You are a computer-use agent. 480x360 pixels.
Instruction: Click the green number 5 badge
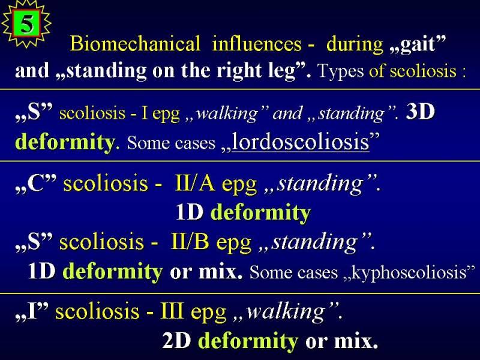26,23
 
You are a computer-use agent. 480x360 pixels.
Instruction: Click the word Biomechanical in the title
135,43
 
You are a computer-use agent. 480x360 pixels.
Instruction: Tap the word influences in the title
257,43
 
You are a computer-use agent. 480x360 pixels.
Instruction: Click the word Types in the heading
341,71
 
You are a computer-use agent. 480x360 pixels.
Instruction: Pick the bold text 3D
420,112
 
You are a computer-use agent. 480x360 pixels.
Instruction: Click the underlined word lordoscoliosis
301,142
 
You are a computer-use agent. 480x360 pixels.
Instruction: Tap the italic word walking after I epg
227,113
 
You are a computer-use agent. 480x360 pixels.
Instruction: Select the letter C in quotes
36,183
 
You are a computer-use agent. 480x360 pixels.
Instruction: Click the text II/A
194,183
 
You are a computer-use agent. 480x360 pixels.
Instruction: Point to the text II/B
190,242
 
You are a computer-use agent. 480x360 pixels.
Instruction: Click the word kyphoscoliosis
409,272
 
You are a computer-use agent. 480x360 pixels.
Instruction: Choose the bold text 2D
176,340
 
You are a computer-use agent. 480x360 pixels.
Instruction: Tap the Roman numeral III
172,311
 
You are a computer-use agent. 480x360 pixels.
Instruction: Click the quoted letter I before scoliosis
31,311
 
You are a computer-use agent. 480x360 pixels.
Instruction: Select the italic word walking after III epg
286,311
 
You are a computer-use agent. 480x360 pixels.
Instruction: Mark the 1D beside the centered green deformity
190,212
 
